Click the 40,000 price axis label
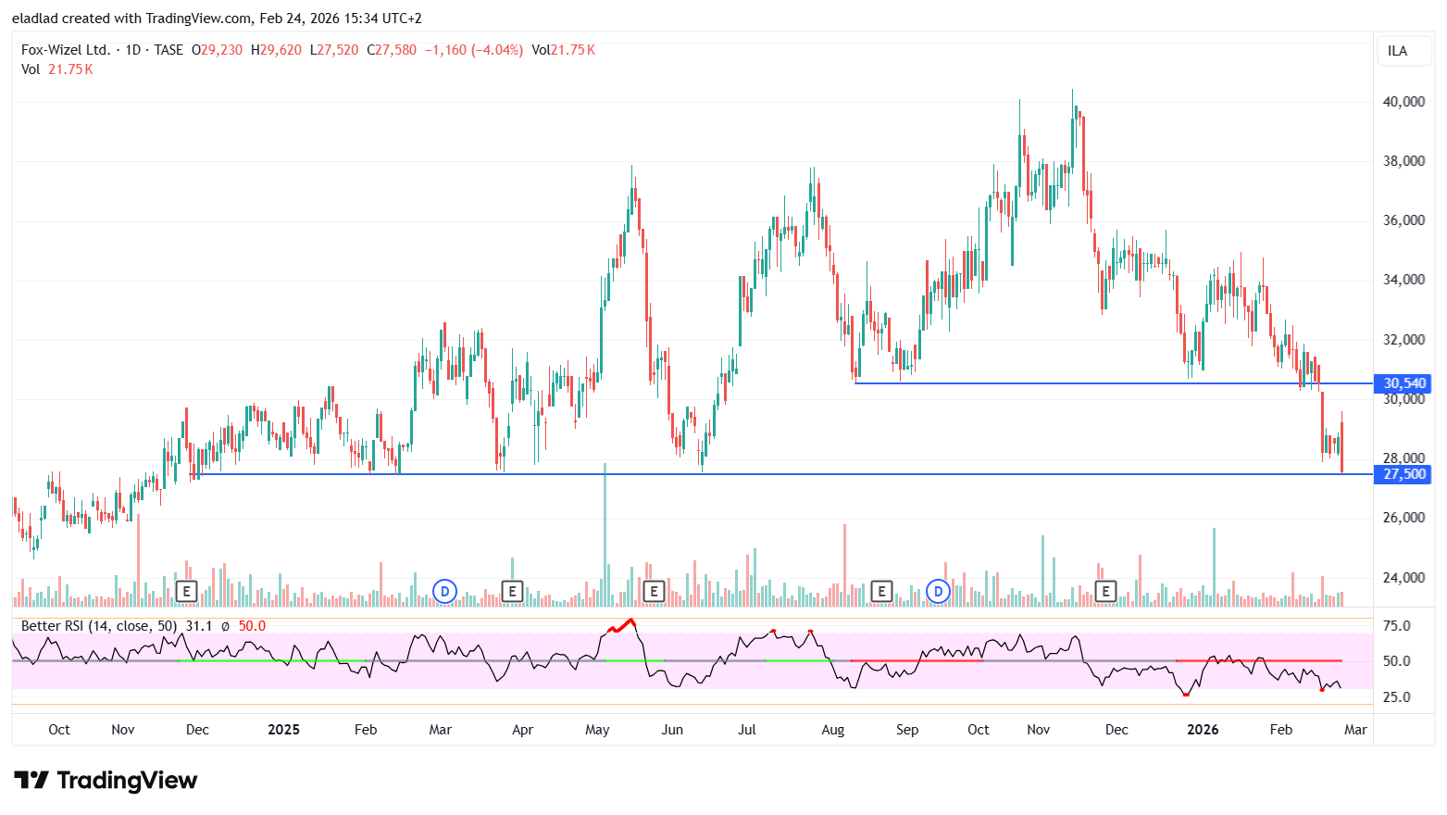click(1403, 102)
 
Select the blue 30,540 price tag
click(1404, 383)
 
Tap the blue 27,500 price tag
click(1404, 474)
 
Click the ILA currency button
click(1397, 51)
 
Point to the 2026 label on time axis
click(1203, 730)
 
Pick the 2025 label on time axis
click(283, 730)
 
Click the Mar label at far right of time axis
click(1355, 730)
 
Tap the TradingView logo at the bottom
click(106, 781)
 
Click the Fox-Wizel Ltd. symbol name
click(66, 50)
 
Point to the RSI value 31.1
click(199, 626)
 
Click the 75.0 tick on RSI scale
click(1396, 626)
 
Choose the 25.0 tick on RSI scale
click(1396, 697)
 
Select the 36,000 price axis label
click(1403, 220)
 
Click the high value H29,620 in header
click(276, 50)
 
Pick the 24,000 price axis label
click(1403, 578)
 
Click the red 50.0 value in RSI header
click(252, 626)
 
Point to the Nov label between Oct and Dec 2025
click(1039, 730)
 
